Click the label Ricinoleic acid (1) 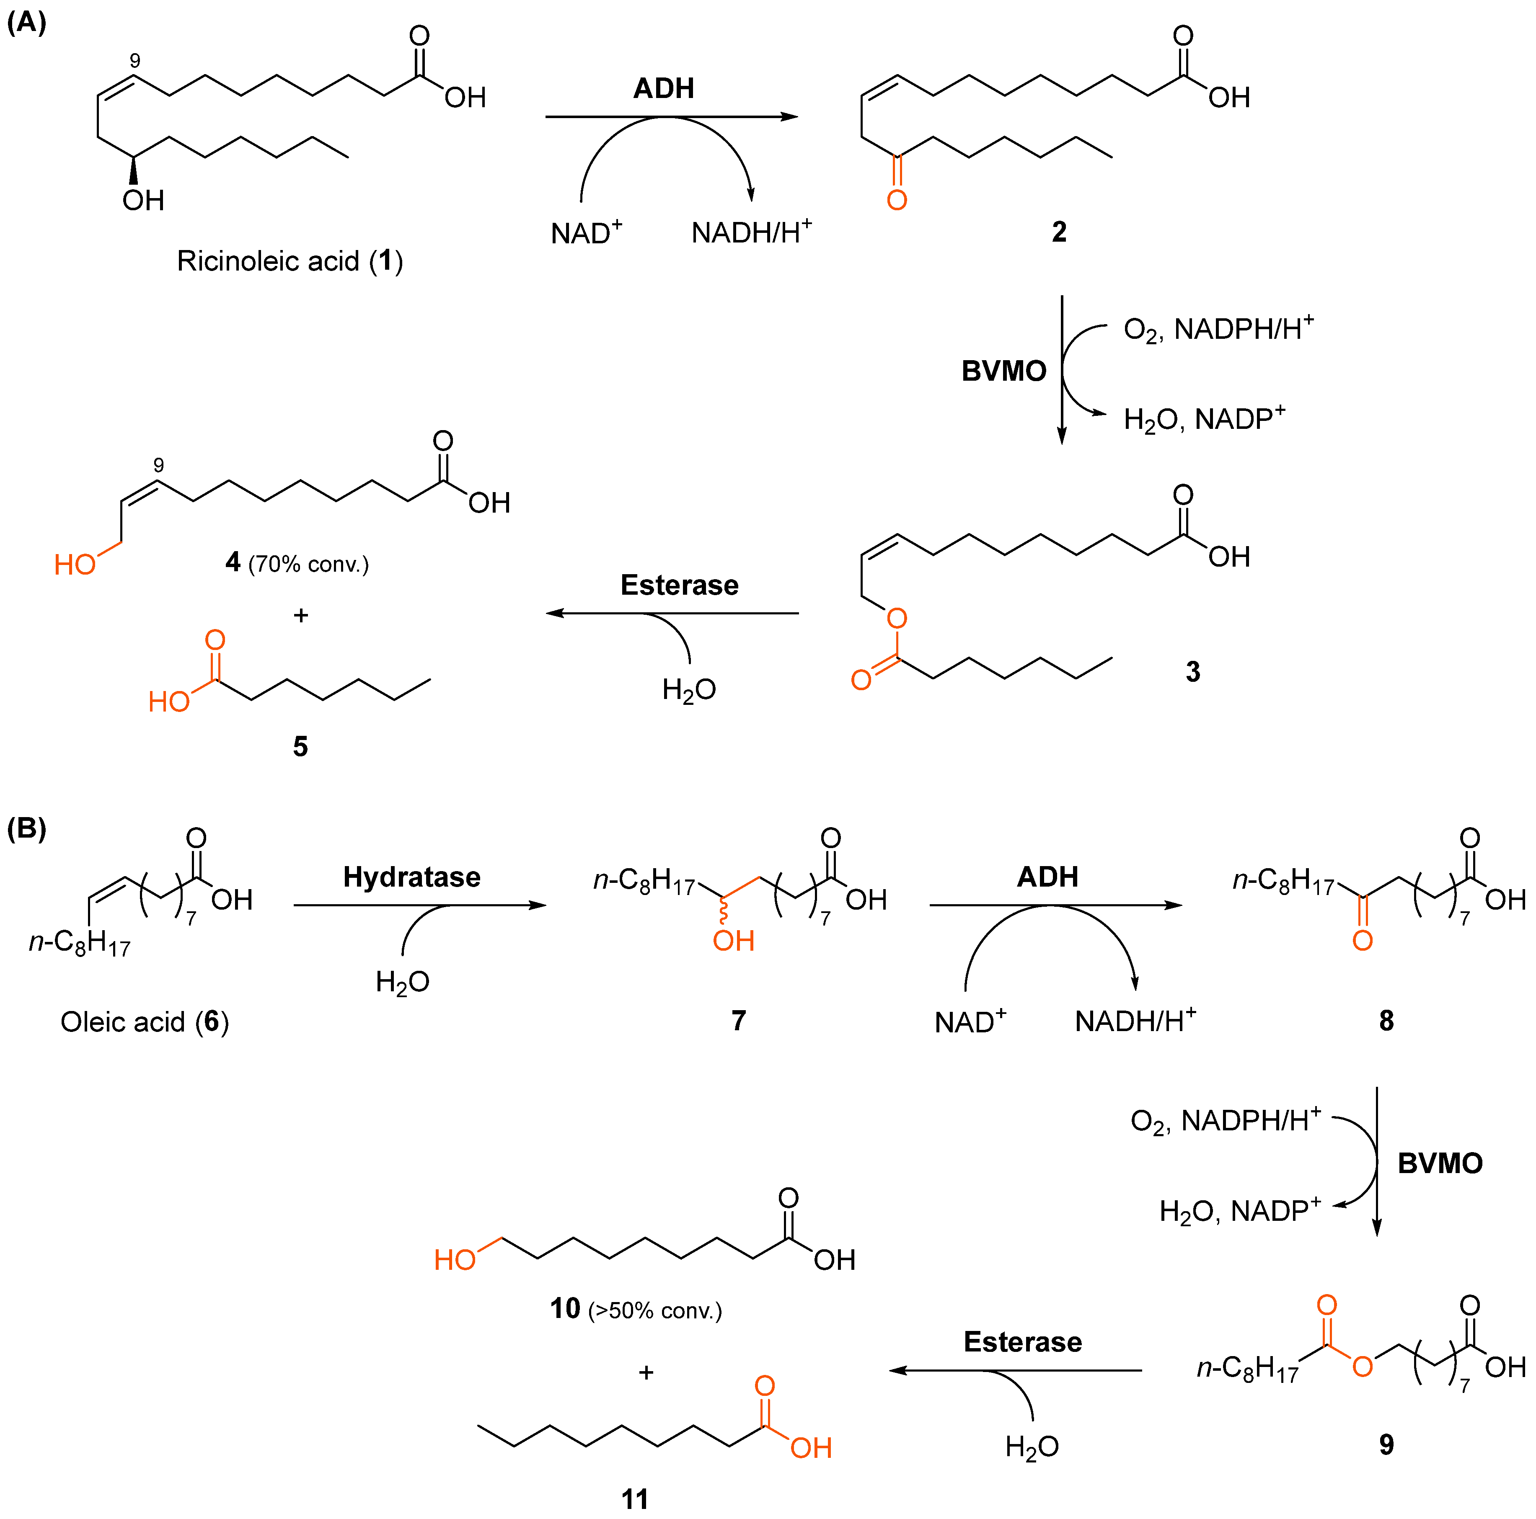[x=290, y=261]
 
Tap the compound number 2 [x=1058, y=231]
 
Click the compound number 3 [x=1192, y=672]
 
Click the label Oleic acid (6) [x=145, y=1021]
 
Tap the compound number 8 [x=1386, y=1021]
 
